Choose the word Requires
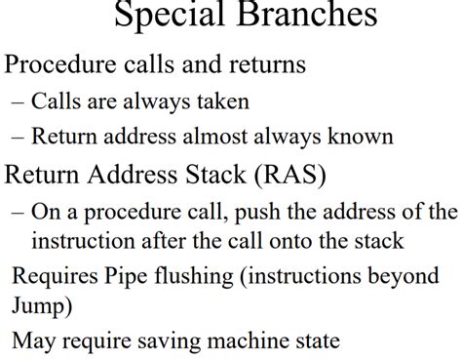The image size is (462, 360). [53, 278]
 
